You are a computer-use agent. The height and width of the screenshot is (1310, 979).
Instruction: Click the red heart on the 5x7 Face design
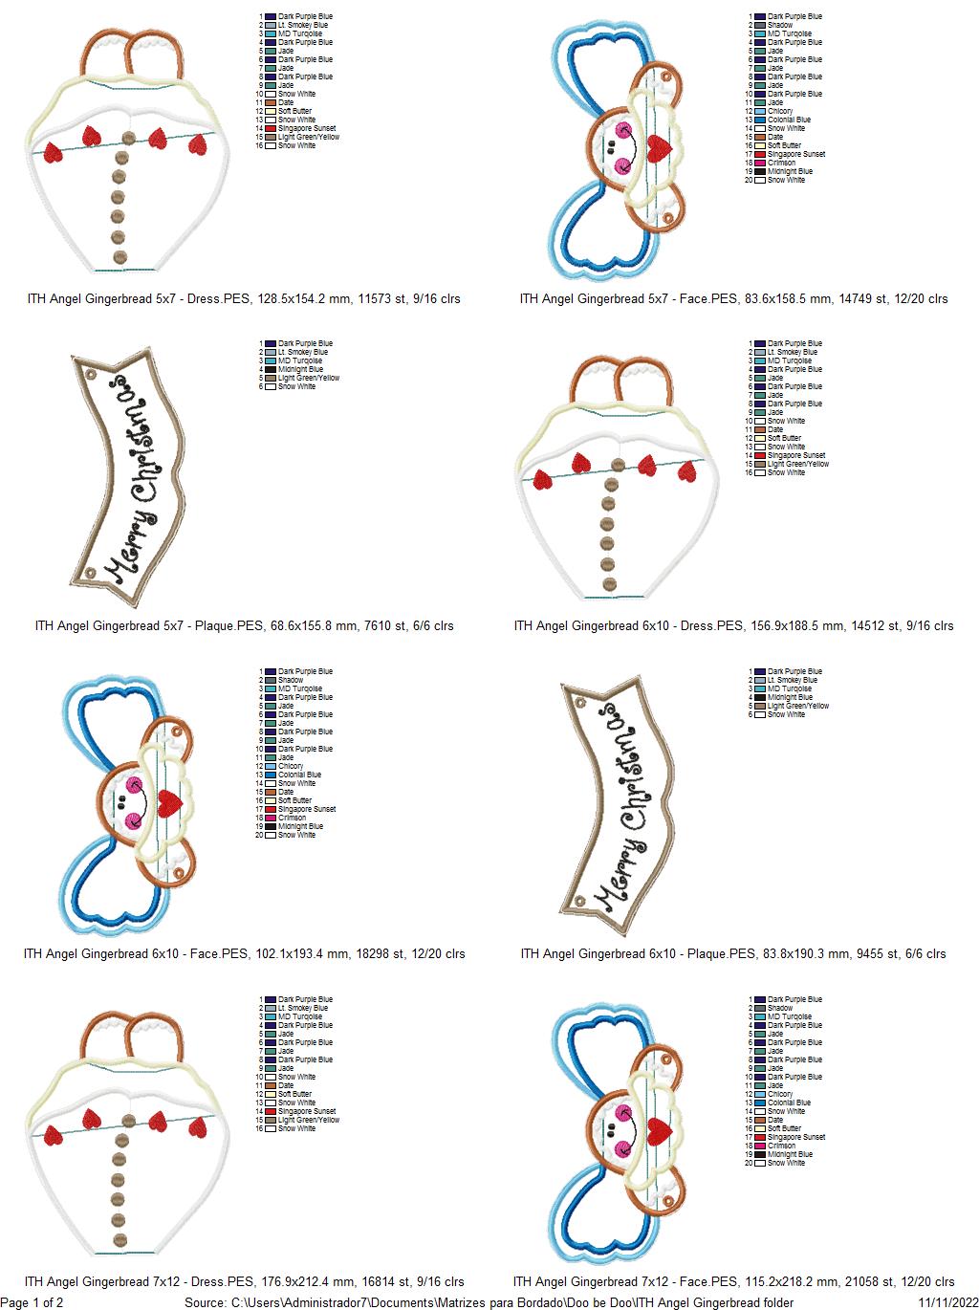659,145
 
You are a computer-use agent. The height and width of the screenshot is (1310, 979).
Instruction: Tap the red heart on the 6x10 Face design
170,800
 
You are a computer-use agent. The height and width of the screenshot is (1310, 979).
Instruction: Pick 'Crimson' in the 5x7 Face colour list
781,163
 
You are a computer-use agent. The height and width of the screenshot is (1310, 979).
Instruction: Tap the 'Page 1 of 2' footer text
33,1302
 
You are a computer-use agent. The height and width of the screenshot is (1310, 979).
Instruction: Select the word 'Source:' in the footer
206,1302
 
